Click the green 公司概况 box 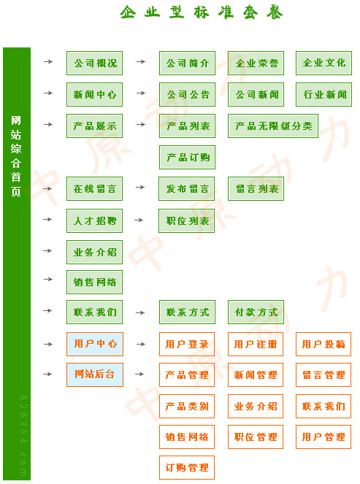(94, 64)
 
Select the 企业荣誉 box (256, 64)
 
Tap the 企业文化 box (324, 64)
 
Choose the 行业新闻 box (324, 94)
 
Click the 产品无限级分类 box (273, 126)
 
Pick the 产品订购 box (187, 158)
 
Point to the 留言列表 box (256, 188)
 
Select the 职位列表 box (186, 220)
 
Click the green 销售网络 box (94, 282)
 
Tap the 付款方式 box (256, 312)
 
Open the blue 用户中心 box (95, 344)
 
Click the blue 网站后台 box (95, 374)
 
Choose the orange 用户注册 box (256, 344)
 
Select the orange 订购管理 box (187, 467)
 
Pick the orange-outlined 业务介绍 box (256, 406)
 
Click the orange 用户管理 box (323, 437)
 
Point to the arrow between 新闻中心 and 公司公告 (141, 93)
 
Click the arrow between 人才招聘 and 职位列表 (139, 220)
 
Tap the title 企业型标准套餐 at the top (202, 12)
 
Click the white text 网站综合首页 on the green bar (16, 156)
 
